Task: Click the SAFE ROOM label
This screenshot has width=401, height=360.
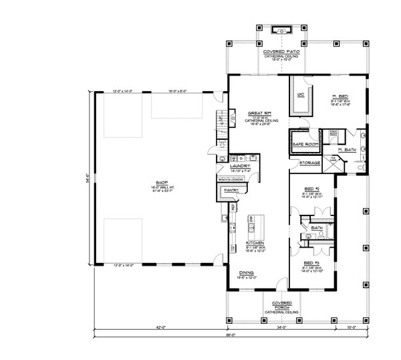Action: pyautogui.click(x=306, y=144)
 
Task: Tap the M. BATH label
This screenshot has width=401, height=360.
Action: pyautogui.click(x=346, y=149)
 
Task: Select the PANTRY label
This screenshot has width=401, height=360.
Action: pyautogui.click(x=232, y=190)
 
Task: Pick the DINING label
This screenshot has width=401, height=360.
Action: pyautogui.click(x=247, y=272)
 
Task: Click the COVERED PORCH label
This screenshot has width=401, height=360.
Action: pyautogui.click(x=276, y=305)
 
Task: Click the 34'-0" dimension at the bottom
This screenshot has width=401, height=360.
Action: pyautogui.click(x=281, y=328)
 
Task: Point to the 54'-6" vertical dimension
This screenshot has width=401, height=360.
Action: pyautogui.click(x=84, y=182)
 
